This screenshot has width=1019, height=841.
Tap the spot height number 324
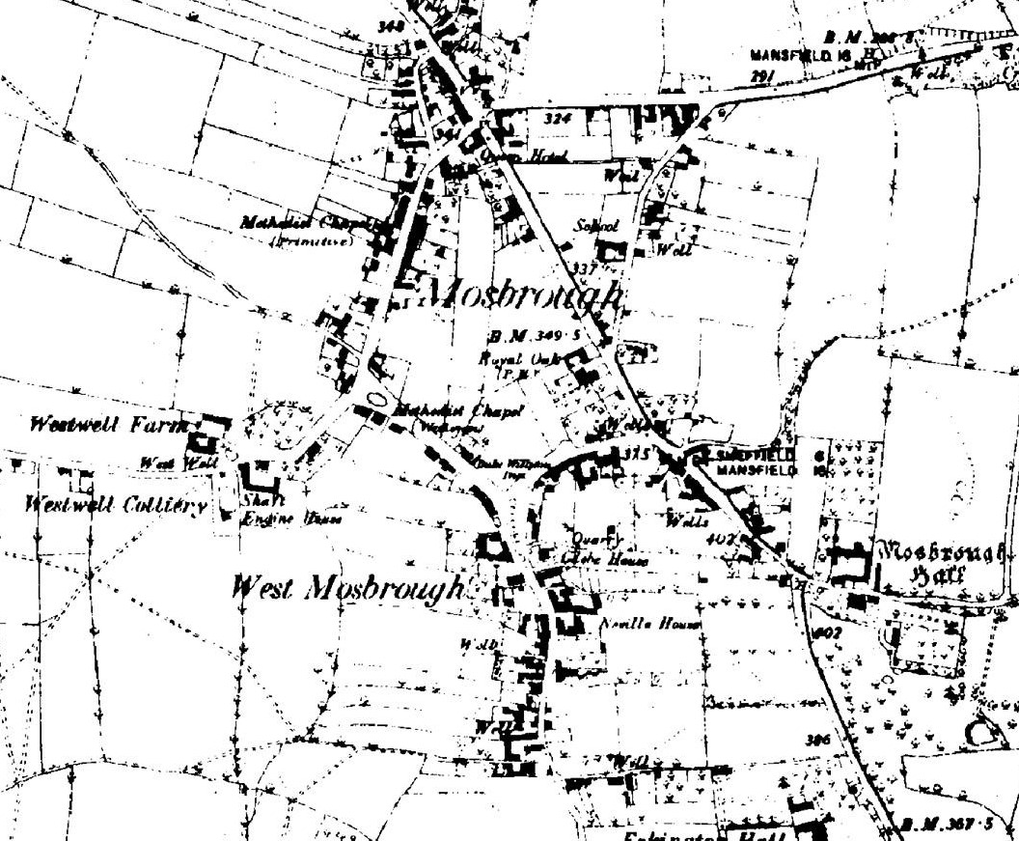click(x=559, y=119)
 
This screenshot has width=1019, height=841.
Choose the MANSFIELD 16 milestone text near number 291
click(x=790, y=55)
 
